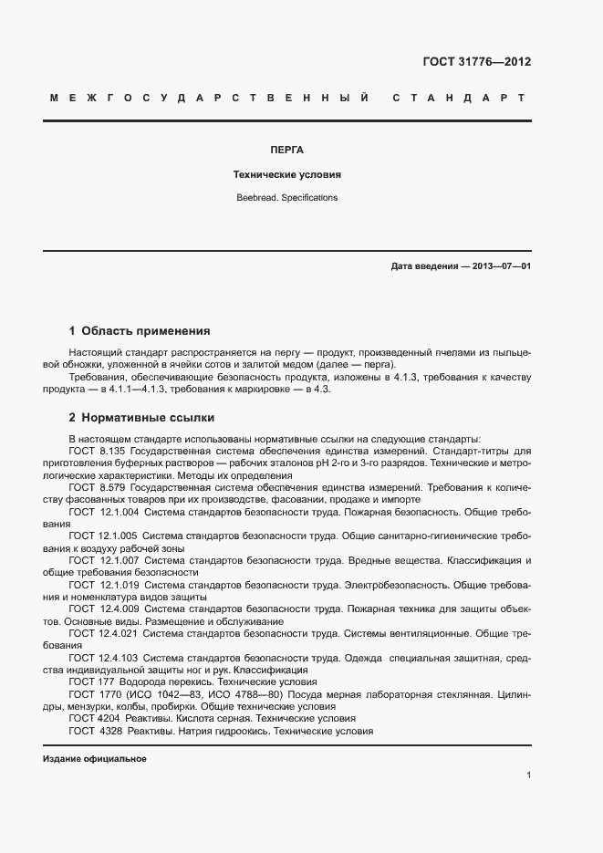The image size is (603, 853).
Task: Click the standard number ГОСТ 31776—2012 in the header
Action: click(x=476, y=62)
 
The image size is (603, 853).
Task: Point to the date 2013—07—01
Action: click(x=500, y=266)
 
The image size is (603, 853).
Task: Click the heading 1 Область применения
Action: click(x=140, y=330)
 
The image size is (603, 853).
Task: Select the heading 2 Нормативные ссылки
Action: click(x=141, y=418)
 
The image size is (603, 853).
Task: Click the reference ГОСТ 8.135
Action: click(x=99, y=452)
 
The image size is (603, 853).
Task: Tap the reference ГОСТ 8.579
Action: click(x=99, y=488)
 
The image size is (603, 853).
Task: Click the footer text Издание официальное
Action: click(x=95, y=759)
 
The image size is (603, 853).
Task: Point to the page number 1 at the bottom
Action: click(x=528, y=775)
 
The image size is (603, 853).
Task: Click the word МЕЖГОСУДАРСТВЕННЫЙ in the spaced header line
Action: click(x=209, y=97)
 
